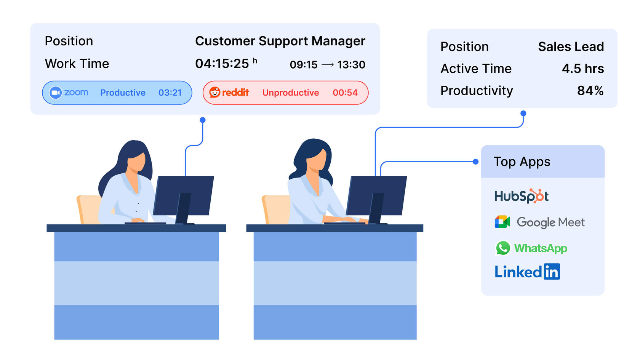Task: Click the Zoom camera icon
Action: (56, 93)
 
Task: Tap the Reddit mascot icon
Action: (215, 92)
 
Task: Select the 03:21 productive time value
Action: (170, 93)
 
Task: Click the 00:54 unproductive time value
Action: (345, 93)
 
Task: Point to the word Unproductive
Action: (290, 93)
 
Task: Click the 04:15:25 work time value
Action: (222, 64)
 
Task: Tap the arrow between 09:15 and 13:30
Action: (328, 65)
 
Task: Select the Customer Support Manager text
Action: (280, 41)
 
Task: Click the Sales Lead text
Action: (571, 46)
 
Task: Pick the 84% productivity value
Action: (590, 91)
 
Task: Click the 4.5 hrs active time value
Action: (582, 69)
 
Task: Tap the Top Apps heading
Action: (522, 162)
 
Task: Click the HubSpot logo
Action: (521, 196)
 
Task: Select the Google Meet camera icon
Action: (502, 222)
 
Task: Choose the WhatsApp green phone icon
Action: (503, 248)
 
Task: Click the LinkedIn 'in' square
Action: (552, 272)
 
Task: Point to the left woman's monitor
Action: (183, 196)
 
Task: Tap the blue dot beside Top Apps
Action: (475, 162)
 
